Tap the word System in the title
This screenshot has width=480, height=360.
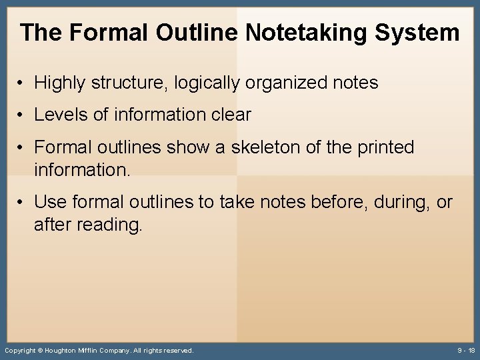419,32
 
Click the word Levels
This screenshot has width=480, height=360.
61,115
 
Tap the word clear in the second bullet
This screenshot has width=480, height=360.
229,115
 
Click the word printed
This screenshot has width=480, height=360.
385,147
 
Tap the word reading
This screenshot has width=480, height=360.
109,225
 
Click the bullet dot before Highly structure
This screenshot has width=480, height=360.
22,83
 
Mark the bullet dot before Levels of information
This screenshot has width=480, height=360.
22,115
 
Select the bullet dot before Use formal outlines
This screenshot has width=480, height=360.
22,201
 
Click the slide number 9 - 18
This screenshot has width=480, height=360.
466,350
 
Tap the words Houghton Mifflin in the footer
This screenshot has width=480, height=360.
71,350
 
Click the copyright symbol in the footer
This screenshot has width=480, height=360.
39,350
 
